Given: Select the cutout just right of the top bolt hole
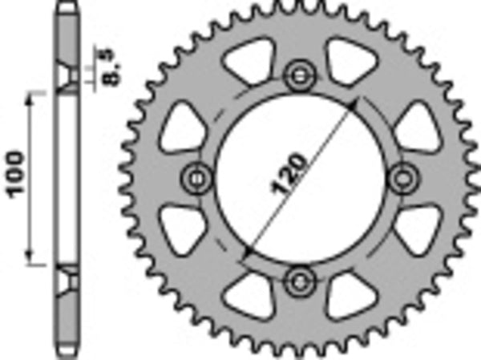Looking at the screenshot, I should tap(350, 64).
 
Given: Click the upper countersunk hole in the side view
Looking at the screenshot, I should tap(67, 77).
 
